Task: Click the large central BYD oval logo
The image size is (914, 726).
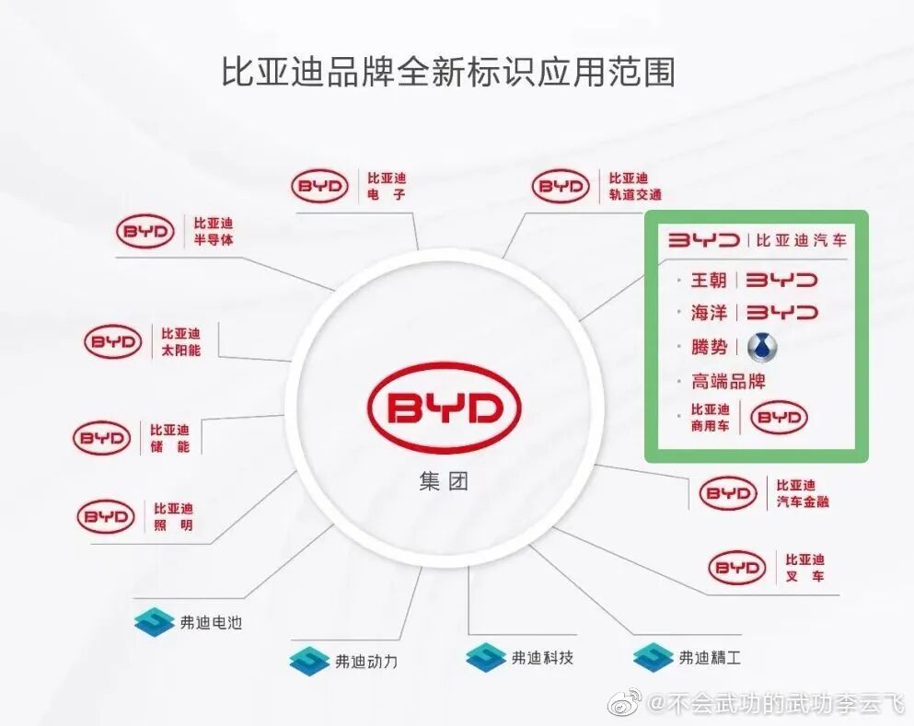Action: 444,408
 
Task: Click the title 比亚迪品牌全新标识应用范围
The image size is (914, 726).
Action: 448,73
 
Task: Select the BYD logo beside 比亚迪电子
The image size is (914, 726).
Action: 320,187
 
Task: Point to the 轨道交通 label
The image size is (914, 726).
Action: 634,194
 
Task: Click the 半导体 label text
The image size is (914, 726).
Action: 214,239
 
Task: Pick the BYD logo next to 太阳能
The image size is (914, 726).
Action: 113,341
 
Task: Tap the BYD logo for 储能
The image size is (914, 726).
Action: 102,438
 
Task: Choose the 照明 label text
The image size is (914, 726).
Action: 173,525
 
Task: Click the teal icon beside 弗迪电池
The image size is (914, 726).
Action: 154,623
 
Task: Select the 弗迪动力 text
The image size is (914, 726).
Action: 365,661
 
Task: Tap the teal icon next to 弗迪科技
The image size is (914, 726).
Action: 485,658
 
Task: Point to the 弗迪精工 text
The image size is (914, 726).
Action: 709,658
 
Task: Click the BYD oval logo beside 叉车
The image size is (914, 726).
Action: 736,567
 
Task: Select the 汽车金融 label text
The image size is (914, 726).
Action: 803,502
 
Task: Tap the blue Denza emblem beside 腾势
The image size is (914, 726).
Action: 762,347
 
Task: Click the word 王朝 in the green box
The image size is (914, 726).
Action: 709,280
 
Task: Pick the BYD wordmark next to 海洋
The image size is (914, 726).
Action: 781,313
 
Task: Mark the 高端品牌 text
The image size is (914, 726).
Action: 728,381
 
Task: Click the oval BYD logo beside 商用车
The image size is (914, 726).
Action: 779,418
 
